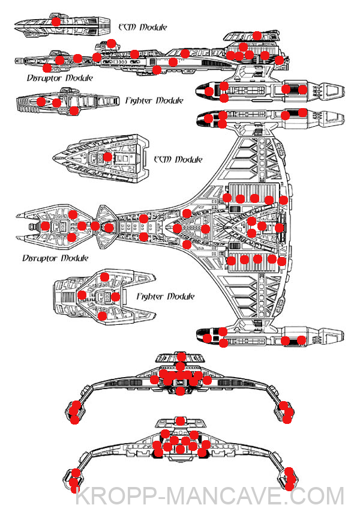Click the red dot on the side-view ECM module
tap(55, 21)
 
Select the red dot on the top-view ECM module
tap(107, 157)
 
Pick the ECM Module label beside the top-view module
tap(178, 160)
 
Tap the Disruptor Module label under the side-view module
tap(60, 78)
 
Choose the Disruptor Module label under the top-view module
tap(55, 258)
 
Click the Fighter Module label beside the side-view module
tap(154, 101)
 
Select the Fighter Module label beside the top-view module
tap(165, 297)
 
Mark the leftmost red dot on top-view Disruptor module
tap(46, 226)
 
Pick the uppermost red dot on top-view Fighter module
tap(104, 277)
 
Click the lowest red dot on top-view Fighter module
tap(102, 316)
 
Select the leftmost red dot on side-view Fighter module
tap(41, 101)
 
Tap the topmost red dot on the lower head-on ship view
tap(181, 420)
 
